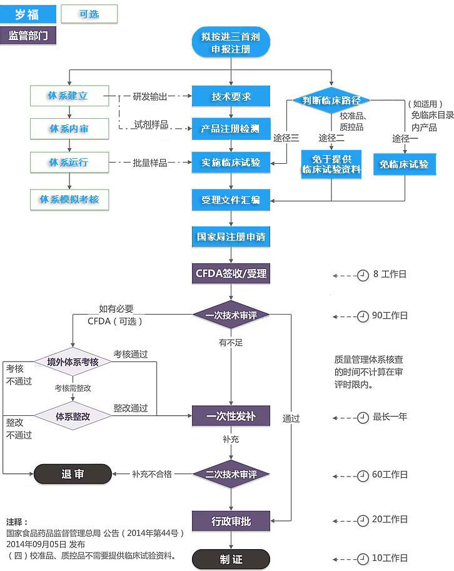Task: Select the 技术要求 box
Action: [231, 97]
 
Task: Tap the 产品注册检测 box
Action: [231, 129]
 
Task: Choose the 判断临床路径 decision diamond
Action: [331, 100]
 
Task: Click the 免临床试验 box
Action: [404, 164]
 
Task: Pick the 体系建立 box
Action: [69, 96]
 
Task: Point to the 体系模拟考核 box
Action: [69, 200]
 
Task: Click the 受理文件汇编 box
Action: [231, 200]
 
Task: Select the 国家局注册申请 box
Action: [231, 237]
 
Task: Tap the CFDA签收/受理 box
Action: [231, 273]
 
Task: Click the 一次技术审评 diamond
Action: [231, 315]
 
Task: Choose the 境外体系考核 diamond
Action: [73, 362]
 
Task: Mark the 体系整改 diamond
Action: [73, 416]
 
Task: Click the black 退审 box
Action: [73, 473]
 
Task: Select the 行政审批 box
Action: [231, 520]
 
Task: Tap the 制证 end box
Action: [231, 559]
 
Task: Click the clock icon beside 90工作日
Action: [363, 316]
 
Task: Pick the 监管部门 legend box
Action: [28, 35]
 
